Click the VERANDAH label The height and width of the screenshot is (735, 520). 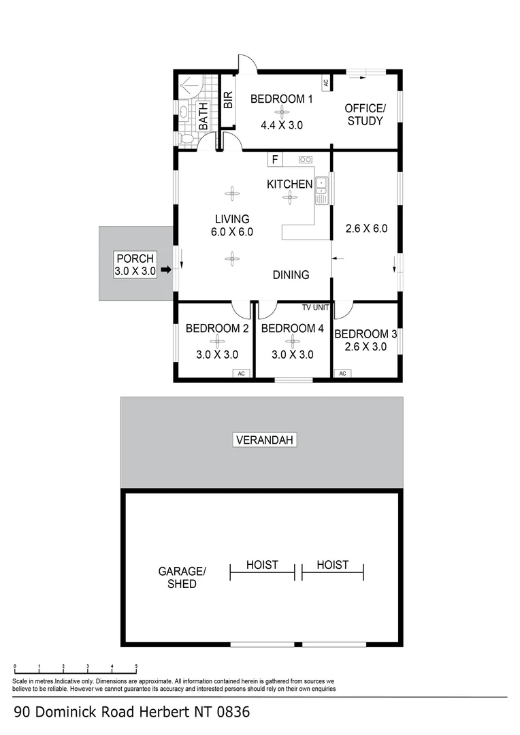coord(264,440)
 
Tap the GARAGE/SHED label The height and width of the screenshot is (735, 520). coord(182,577)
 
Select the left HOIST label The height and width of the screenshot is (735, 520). coord(262,565)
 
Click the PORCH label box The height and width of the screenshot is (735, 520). coord(135,264)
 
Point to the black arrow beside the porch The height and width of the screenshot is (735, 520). coord(165,270)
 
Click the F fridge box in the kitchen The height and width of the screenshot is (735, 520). coord(275,160)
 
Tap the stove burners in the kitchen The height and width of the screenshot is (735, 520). coord(304,160)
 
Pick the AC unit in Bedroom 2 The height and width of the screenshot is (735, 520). coord(241,373)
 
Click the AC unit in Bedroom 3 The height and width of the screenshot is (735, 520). coord(342,373)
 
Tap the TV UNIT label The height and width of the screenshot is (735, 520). coord(315,308)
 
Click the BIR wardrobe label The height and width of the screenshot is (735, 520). coord(228,101)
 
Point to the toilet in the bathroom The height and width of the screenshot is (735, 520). coord(188,138)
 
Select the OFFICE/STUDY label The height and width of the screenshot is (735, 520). coord(365,114)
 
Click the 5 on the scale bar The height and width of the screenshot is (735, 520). coord(136,666)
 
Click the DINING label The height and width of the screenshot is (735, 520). coord(291,275)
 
